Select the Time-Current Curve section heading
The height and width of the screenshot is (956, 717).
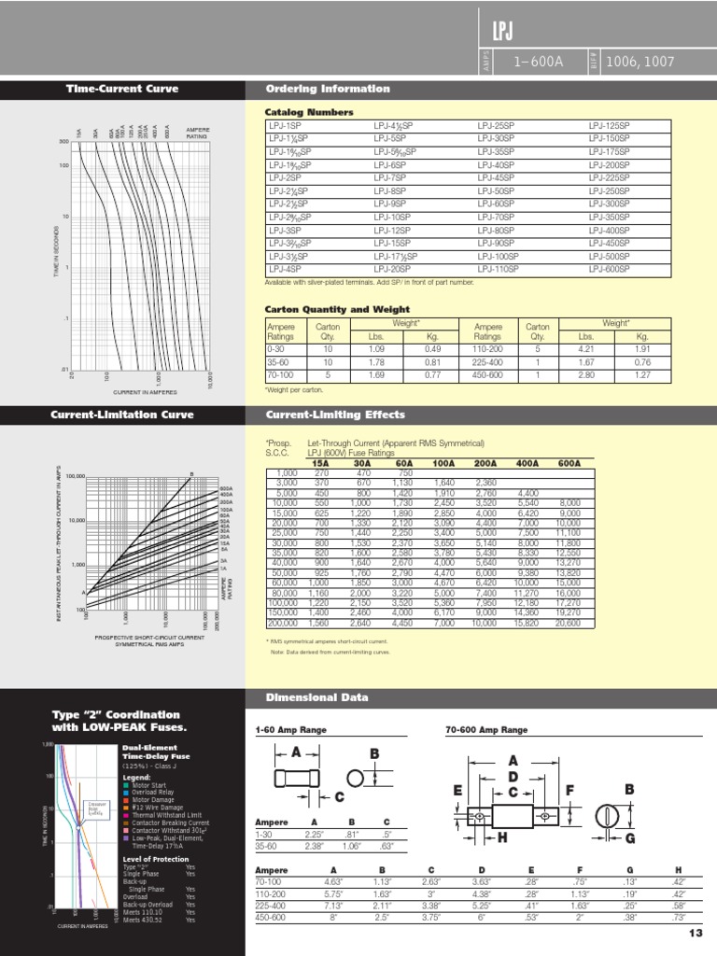pyautogui.click(x=121, y=90)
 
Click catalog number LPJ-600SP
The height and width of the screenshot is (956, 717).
pyautogui.click(x=609, y=270)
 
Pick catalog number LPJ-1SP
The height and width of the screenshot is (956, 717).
pyautogui.click(x=285, y=125)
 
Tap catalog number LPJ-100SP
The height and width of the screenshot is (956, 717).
pyautogui.click(x=498, y=256)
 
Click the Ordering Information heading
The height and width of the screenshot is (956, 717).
pyautogui.click(x=328, y=90)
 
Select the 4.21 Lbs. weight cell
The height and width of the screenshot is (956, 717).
pyautogui.click(x=585, y=349)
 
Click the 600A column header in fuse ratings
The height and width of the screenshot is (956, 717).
pyautogui.click(x=569, y=462)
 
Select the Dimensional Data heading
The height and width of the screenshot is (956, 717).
pyautogui.click(x=316, y=697)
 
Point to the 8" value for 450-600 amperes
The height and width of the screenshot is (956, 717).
pyautogui.click(x=333, y=918)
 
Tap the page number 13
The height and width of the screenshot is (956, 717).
pyautogui.click(x=694, y=934)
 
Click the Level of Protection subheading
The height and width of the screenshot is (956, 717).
pyautogui.click(x=153, y=858)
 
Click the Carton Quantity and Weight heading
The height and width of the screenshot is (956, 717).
pyautogui.click(x=337, y=309)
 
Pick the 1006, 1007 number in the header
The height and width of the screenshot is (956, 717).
pyautogui.click(x=640, y=63)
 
